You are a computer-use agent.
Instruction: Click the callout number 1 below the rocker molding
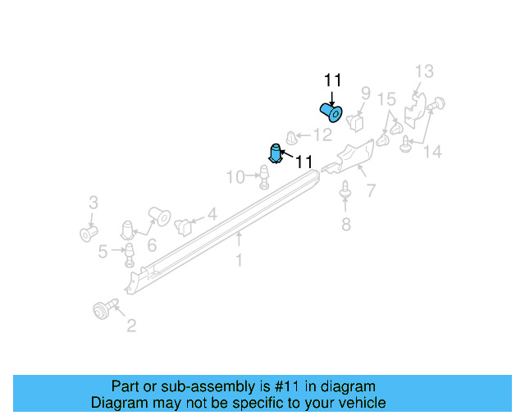(x=239, y=260)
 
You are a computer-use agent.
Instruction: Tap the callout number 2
(x=131, y=326)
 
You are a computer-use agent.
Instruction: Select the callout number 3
(x=94, y=203)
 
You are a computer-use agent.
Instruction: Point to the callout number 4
(x=212, y=214)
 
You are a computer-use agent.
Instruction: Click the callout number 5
(x=103, y=252)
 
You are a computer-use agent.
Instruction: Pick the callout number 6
(x=152, y=245)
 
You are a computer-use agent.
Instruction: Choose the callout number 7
(x=371, y=190)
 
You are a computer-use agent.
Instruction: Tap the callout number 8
(x=346, y=225)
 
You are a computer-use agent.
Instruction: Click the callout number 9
(x=366, y=94)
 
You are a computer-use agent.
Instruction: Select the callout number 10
(x=235, y=177)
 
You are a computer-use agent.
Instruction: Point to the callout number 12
(x=322, y=135)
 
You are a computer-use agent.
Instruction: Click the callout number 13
(x=424, y=71)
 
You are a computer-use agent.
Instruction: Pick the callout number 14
(x=432, y=152)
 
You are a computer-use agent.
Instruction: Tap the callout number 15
(x=386, y=99)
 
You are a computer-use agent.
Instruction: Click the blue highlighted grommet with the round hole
(x=331, y=112)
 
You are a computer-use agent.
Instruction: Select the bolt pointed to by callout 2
(x=105, y=308)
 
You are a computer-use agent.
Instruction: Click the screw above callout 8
(x=345, y=189)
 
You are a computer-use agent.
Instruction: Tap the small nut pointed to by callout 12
(x=292, y=138)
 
